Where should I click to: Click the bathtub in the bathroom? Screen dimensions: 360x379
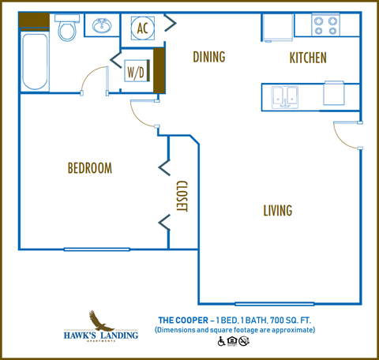tap(36, 62)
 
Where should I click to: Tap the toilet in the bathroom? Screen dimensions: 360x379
tap(68, 30)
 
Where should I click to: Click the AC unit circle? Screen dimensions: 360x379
tap(143, 28)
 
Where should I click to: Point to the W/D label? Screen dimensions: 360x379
tap(136, 72)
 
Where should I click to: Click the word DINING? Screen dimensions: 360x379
tap(208, 57)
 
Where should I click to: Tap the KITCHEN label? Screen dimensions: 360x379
tap(307, 58)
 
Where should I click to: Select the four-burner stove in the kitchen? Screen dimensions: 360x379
tap(324, 25)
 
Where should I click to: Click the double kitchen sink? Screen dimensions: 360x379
tap(284, 96)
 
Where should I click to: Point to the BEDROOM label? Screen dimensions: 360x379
tap(89, 168)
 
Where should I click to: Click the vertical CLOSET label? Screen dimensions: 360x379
tap(181, 197)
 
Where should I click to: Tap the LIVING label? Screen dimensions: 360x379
tap(277, 211)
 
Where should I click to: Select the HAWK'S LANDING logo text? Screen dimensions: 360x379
tap(100, 336)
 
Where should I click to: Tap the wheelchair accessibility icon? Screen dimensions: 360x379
tap(221, 341)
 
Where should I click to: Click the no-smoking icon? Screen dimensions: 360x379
tap(244, 341)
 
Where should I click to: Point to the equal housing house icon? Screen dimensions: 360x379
tap(232, 341)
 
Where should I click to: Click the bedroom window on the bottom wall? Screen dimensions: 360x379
tap(96, 249)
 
